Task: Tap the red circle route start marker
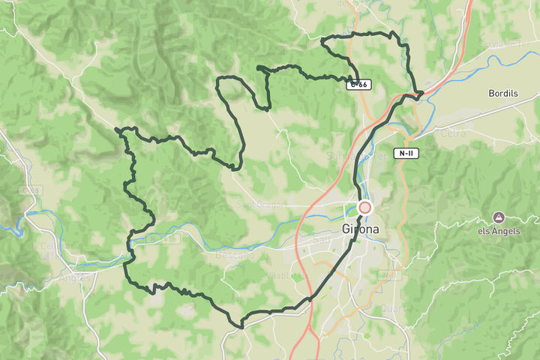[x=365, y=207]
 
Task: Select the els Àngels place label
[x=498, y=231]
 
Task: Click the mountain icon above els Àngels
[x=498, y=217]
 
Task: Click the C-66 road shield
[x=358, y=85]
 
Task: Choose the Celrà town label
[x=454, y=133]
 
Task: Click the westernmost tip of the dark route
[x=117, y=130]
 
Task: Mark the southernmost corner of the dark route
[x=241, y=327]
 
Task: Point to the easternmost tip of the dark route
[x=423, y=93]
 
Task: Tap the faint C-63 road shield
[x=30, y=190]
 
